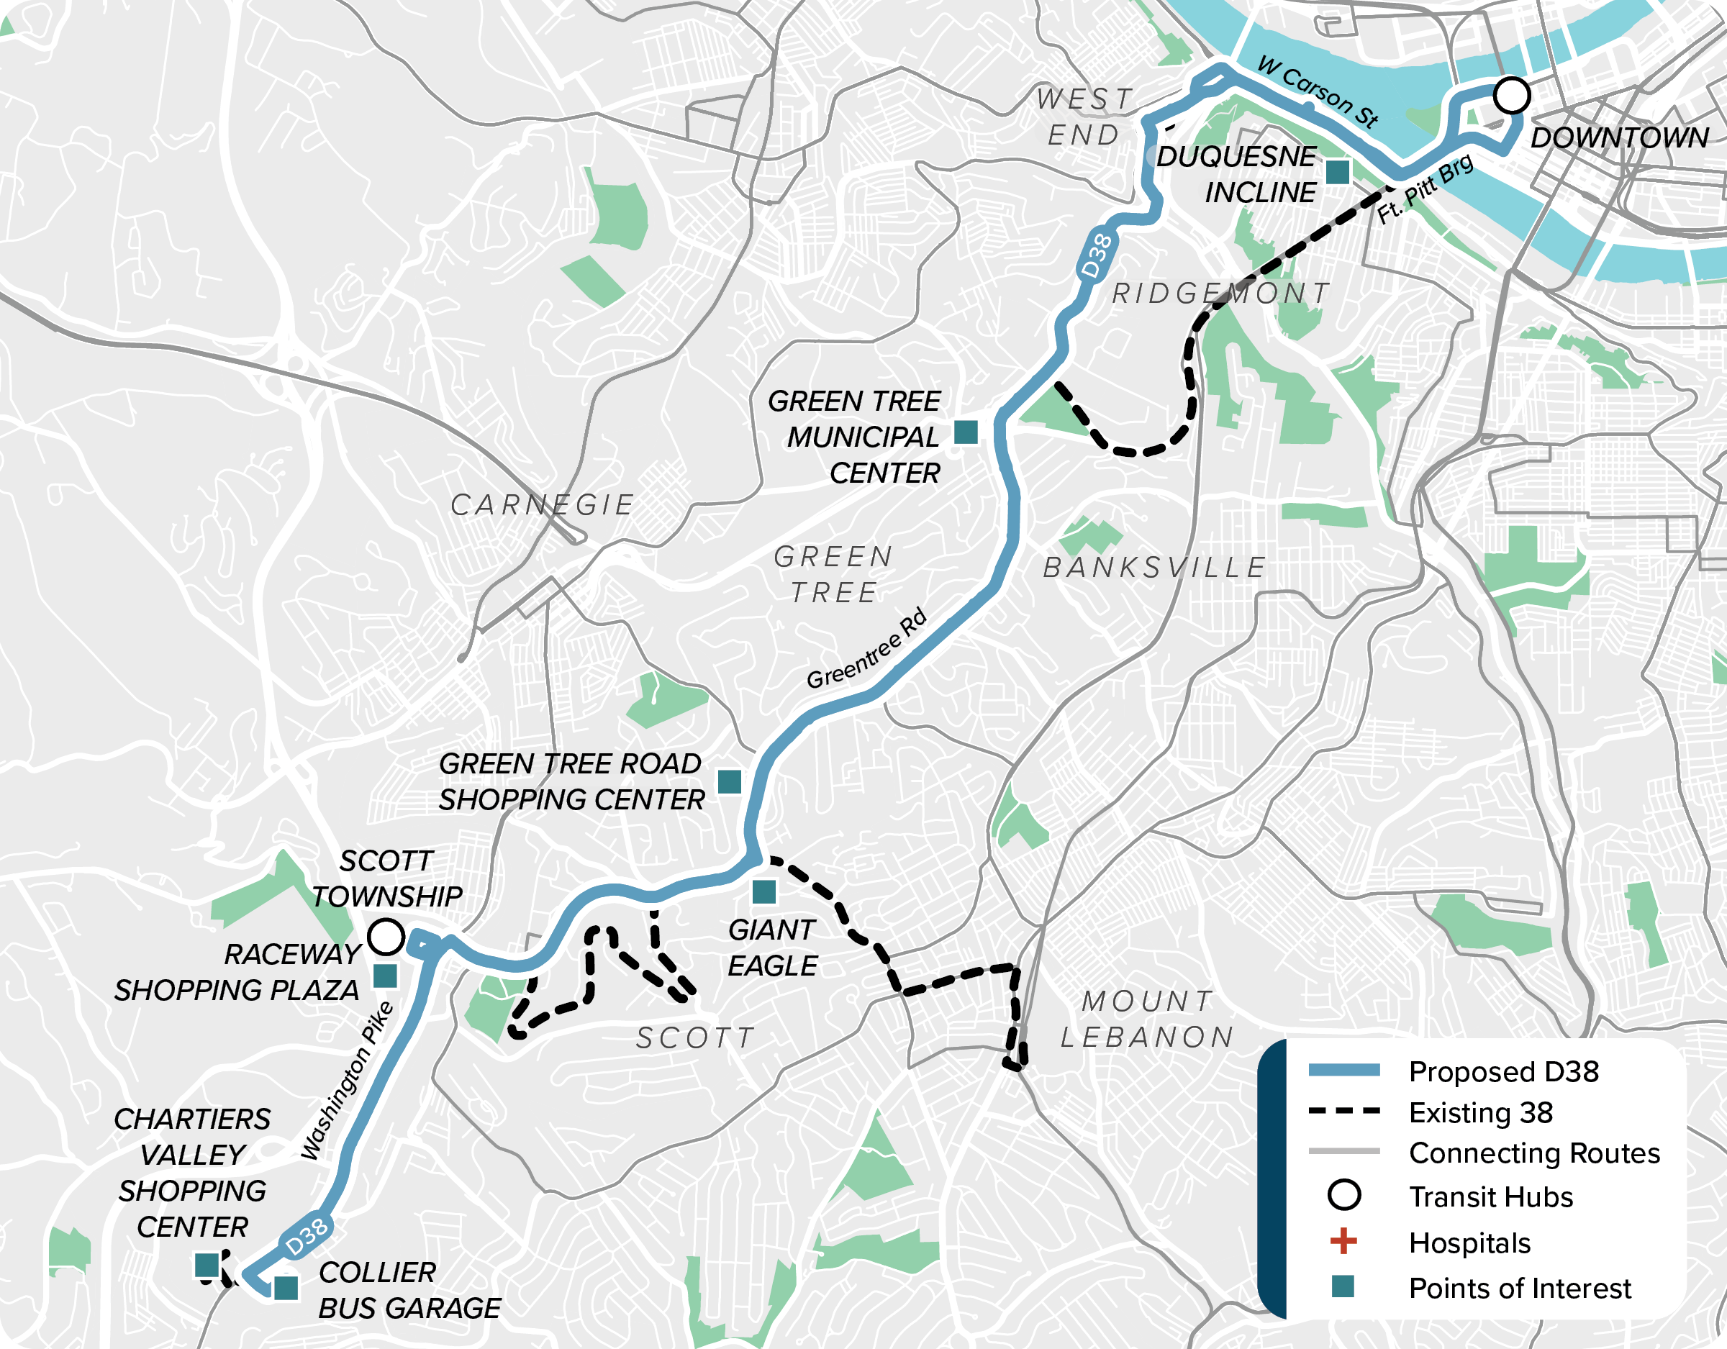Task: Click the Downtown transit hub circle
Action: pyautogui.click(x=1511, y=96)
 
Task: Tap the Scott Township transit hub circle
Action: pyautogui.click(x=386, y=937)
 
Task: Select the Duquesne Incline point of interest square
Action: pyautogui.click(x=1337, y=171)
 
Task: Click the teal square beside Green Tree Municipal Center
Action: pyautogui.click(x=966, y=432)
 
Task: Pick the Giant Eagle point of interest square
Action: pyautogui.click(x=764, y=892)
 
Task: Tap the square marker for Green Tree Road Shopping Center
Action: pyautogui.click(x=729, y=781)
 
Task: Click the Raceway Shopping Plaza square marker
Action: pyautogui.click(x=385, y=976)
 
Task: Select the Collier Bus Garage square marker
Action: pyautogui.click(x=286, y=1288)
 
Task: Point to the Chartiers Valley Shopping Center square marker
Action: pyautogui.click(x=207, y=1265)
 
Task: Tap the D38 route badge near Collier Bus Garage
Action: pyautogui.click(x=307, y=1235)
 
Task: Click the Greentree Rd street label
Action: pyautogui.click(x=866, y=648)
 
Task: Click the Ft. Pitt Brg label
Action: pyautogui.click(x=1425, y=189)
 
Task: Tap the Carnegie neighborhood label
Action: pyautogui.click(x=543, y=504)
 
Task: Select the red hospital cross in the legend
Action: pyautogui.click(x=1343, y=1242)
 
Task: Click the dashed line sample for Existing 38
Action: pyautogui.click(x=1343, y=1111)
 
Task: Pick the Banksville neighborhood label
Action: pyautogui.click(x=1154, y=567)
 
